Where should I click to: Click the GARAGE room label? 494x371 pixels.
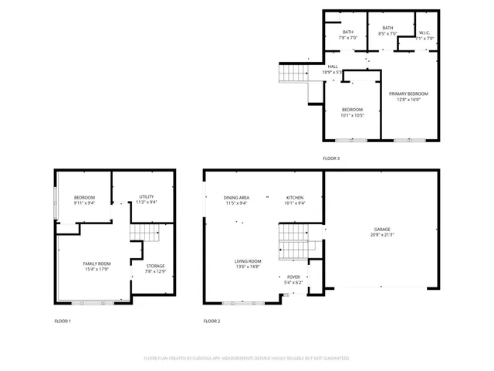click(x=382, y=230)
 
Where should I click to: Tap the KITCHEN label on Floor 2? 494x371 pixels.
click(x=296, y=198)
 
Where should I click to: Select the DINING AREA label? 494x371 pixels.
click(x=236, y=198)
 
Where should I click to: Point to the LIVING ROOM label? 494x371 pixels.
click(x=248, y=261)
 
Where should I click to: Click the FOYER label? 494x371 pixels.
click(x=293, y=277)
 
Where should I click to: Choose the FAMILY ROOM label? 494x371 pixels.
click(x=97, y=264)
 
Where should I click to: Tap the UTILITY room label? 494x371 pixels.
click(x=147, y=197)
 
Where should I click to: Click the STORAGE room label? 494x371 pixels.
click(x=155, y=266)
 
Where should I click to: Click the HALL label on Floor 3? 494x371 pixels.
click(x=333, y=66)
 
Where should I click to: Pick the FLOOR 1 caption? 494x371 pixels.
click(x=63, y=321)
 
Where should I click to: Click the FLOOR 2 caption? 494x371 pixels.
click(x=211, y=321)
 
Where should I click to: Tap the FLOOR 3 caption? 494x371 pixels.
click(x=330, y=158)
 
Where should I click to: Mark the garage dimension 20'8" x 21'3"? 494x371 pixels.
click(x=382, y=235)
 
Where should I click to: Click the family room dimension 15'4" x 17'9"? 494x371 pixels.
click(x=97, y=270)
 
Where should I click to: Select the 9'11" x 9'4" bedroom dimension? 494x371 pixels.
click(x=84, y=203)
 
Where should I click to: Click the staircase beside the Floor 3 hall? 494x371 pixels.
click(x=293, y=73)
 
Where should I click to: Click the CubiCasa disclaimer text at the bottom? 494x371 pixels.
click(x=246, y=359)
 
